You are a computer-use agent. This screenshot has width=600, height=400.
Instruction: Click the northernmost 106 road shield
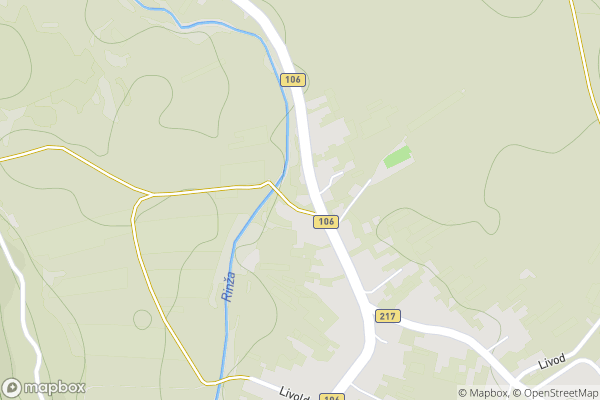point(292,79)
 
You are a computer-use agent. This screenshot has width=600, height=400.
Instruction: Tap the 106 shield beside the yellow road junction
point(324,221)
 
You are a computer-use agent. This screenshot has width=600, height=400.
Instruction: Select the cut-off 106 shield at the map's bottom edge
point(333,396)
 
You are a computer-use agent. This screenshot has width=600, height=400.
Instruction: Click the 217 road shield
point(388,316)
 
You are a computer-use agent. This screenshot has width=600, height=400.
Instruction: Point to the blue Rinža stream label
point(228,287)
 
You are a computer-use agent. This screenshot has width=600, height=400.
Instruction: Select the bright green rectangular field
point(397,157)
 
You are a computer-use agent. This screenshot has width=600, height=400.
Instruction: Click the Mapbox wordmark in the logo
point(56,387)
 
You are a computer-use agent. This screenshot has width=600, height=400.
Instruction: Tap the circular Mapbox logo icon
point(12,387)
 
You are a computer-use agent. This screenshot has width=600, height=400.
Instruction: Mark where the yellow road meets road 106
point(312,213)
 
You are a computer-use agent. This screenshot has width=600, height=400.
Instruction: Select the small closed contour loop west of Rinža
point(142,319)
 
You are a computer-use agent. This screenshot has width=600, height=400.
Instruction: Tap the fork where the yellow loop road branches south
point(150,194)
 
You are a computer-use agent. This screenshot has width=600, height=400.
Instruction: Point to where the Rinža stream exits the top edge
point(140,3)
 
